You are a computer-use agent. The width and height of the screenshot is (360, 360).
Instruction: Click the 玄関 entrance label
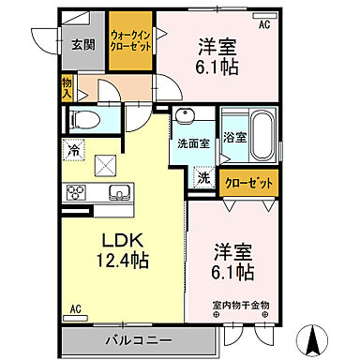pyautogui.click(x=82, y=44)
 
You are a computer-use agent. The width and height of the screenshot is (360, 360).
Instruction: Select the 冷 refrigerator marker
pyautogui.click(x=73, y=148)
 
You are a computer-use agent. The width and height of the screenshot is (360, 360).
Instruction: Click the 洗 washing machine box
pyautogui.click(x=202, y=176)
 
